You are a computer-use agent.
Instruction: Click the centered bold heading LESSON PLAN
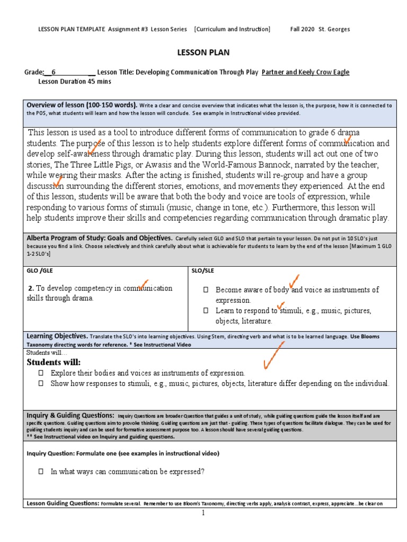203,52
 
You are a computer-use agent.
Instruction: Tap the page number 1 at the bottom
203,513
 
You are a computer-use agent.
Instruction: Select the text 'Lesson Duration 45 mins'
75,82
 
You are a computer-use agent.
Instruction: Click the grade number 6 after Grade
54,73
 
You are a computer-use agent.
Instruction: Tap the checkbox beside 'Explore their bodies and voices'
40,373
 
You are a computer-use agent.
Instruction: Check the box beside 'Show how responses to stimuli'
40,384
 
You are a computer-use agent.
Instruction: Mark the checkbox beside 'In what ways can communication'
40,472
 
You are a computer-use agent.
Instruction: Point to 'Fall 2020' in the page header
303,29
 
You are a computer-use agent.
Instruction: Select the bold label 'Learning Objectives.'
57,336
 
